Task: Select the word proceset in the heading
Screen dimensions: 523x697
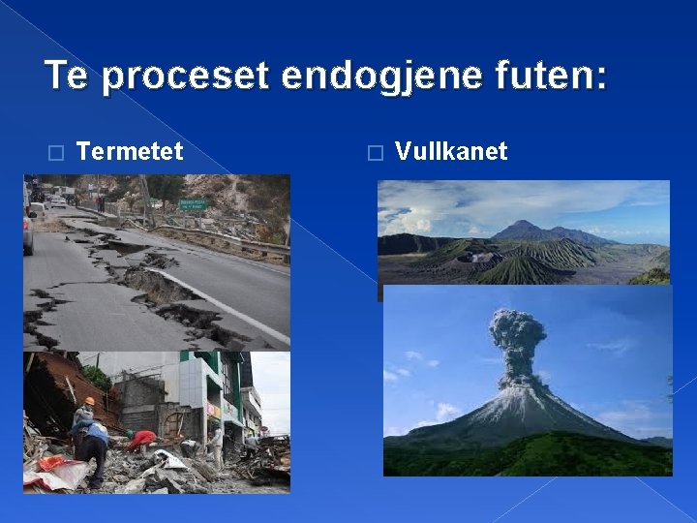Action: [183, 77]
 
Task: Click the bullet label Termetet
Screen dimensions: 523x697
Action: [130, 151]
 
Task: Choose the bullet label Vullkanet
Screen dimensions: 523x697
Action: [451, 151]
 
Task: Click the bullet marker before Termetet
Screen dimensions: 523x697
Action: [55, 152]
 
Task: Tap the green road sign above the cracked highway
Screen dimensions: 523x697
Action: [192, 204]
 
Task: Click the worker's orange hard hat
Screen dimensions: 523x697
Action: [89, 401]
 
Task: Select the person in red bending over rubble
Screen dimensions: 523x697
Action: [141, 439]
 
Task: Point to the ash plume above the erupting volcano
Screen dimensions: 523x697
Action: [518, 339]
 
